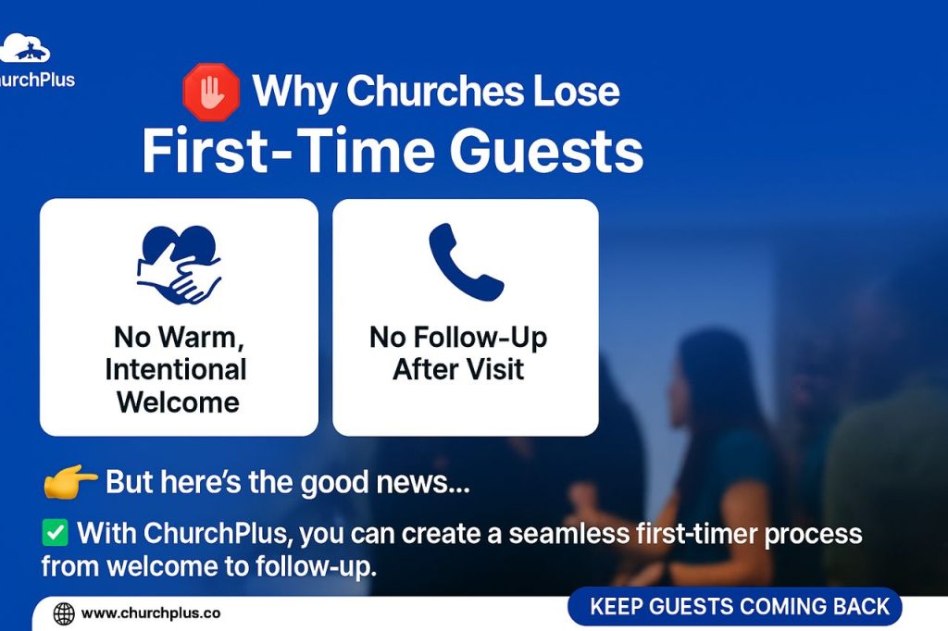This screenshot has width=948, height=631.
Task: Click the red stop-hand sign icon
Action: tap(211, 93)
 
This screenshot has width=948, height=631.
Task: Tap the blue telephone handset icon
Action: tap(466, 262)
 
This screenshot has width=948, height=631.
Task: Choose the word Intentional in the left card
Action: tap(176, 369)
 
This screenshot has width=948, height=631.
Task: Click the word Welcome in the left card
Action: tap(178, 402)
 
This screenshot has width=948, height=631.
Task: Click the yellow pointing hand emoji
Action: tap(70, 482)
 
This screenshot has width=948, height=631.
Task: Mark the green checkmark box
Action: tap(56, 533)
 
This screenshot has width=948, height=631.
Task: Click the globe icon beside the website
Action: tap(64, 612)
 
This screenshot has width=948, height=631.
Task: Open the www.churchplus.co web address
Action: tap(151, 612)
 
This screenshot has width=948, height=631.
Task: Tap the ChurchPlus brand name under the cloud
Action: tap(37, 79)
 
